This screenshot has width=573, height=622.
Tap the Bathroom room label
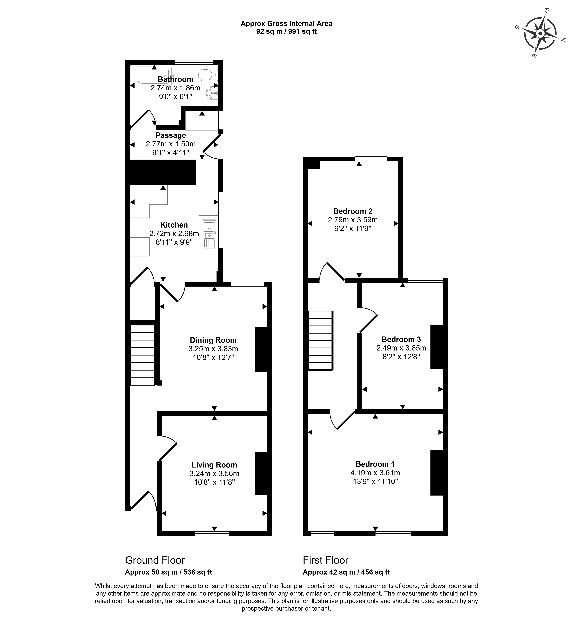click(x=176, y=79)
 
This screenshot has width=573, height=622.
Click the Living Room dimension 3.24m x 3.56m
click(x=214, y=473)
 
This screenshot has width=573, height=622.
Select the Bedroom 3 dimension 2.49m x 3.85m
click(x=401, y=348)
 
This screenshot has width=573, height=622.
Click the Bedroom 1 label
click(x=375, y=464)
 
